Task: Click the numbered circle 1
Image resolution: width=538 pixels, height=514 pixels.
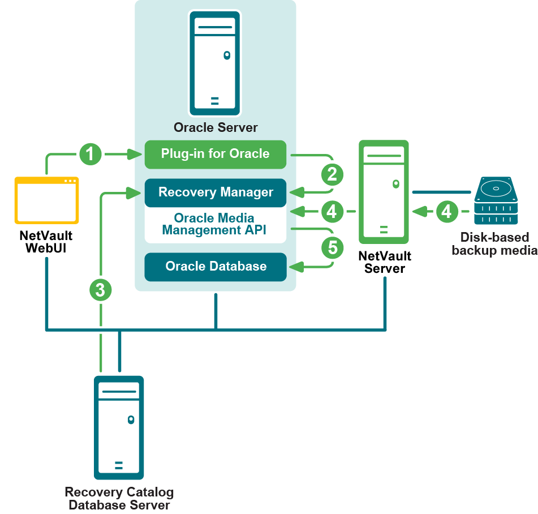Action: (x=91, y=154)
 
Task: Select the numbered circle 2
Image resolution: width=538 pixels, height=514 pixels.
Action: (x=333, y=174)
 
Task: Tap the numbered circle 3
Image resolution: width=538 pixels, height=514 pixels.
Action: (x=101, y=290)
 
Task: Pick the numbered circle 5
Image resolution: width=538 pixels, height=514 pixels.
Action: (x=333, y=248)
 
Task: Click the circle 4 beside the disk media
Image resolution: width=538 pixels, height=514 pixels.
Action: (x=447, y=212)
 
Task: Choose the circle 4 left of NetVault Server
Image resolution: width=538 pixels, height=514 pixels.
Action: (x=333, y=212)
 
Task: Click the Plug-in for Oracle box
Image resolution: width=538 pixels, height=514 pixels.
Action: (x=215, y=154)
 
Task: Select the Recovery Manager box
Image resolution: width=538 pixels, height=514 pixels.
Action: (x=215, y=192)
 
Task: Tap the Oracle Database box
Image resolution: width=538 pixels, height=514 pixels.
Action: (x=215, y=267)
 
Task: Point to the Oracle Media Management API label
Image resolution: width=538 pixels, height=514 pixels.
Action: (x=215, y=224)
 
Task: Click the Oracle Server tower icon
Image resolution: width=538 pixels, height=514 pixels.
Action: (x=215, y=63)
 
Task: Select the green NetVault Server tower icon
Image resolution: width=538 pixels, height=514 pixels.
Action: (x=384, y=192)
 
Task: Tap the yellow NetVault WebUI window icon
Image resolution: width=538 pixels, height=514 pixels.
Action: (x=46, y=200)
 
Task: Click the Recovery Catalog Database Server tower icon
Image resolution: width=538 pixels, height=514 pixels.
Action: (x=119, y=427)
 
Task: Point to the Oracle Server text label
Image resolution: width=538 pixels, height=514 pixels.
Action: (x=215, y=127)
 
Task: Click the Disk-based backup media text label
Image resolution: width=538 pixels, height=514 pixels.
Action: (x=494, y=244)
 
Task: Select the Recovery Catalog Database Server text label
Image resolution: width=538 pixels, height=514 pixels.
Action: (x=119, y=498)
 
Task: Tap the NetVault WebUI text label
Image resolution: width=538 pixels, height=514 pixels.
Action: (x=46, y=242)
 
